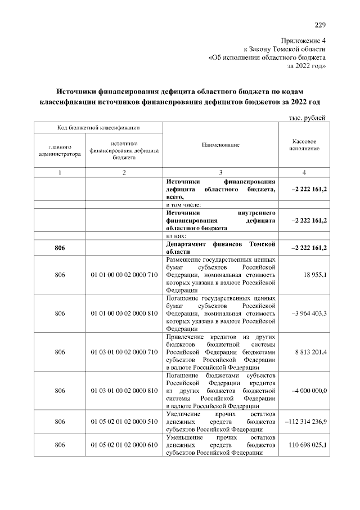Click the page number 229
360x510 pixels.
(x=320, y=24)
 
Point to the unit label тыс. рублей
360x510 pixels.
(x=308, y=117)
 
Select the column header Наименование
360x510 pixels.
(x=220, y=145)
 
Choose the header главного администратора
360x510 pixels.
(x=59, y=149)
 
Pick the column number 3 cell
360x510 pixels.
(x=220, y=172)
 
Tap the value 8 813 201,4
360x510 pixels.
(x=310, y=352)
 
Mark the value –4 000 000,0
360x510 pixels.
(x=310, y=391)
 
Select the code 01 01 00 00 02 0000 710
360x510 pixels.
(x=124, y=274)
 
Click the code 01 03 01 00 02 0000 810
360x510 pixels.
(x=124, y=391)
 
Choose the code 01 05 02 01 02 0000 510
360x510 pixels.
(x=124, y=422)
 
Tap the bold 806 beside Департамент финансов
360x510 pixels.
(x=60, y=248)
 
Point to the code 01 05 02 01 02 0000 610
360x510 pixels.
(x=124, y=445)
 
